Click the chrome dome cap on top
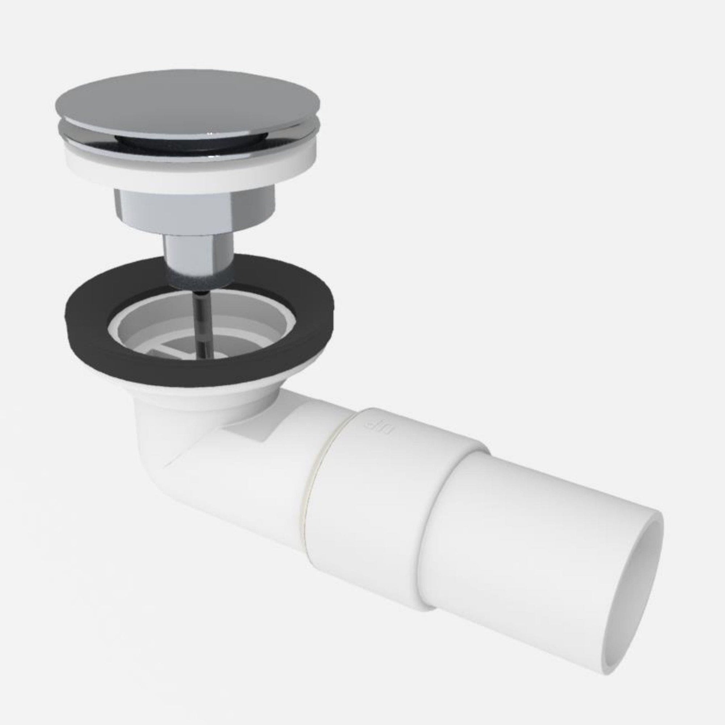point(188,105)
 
